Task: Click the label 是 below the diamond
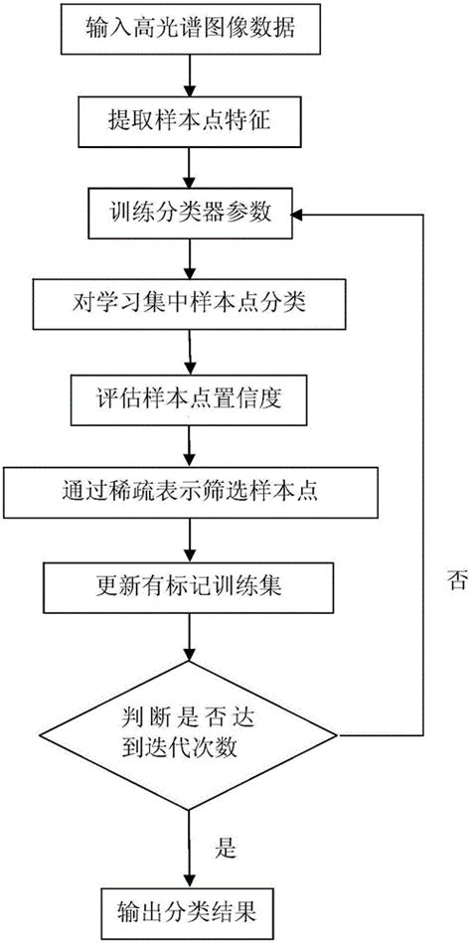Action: (x=225, y=848)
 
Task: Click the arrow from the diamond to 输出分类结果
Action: (x=188, y=836)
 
